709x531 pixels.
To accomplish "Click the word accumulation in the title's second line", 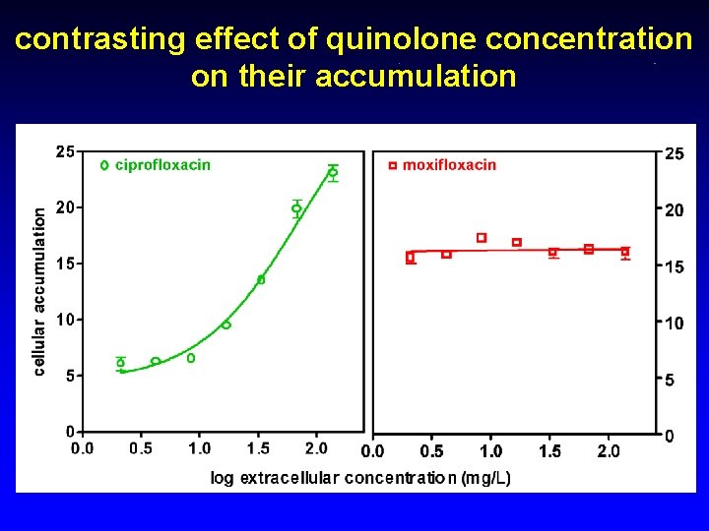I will click(x=416, y=76).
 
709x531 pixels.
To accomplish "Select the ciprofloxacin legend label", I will click(x=162, y=165).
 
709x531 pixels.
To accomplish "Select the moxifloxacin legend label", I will click(x=449, y=165).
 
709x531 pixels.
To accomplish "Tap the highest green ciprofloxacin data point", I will click(x=333, y=172).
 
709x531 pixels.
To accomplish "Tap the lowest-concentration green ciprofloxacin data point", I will click(x=121, y=363).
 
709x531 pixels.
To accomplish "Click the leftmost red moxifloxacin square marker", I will click(x=411, y=257).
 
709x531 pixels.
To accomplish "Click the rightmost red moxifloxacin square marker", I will click(x=625, y=252).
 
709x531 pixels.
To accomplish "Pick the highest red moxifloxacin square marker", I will click(x=482, y=238).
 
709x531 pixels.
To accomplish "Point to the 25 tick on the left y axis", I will click(x=65, y=151).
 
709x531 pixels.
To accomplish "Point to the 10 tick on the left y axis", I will click(x=65, y=320).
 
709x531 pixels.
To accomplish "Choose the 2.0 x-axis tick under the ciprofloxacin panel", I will click(x=316, y=449).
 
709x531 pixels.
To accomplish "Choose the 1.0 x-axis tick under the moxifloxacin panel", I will click(x=490, y=451).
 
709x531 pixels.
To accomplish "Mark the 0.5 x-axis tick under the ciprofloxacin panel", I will click(x=141, y=449).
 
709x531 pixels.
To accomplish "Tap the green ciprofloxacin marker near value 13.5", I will click(x=261, y=280).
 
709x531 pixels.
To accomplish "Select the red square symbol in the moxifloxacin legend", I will click(x=392, y=165).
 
